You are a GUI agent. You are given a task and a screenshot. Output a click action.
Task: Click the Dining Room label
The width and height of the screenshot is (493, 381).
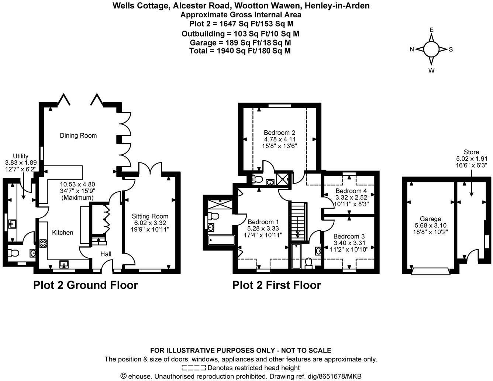pos(78,135)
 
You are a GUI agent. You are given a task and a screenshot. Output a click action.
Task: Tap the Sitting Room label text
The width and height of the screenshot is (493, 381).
pos(150,216)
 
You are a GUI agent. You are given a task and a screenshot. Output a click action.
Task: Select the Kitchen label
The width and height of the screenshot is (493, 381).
pos(63,232)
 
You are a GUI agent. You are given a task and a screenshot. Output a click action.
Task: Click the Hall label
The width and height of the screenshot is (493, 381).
pos(106,254)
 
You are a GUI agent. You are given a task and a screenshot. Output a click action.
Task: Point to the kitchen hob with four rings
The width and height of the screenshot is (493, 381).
pos(43,244)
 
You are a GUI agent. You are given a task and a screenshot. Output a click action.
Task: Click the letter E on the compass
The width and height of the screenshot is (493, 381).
pos(431,30)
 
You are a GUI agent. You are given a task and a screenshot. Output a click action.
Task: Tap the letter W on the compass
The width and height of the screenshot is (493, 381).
pos(431,71)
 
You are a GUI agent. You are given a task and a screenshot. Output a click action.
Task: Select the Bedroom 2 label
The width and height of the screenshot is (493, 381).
pos(279,133)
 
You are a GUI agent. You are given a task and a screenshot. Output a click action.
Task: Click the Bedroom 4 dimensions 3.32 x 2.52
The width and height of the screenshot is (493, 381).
pos(351,198)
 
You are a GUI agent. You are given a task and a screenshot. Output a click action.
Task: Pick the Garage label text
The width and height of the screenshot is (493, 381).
pos(431,219)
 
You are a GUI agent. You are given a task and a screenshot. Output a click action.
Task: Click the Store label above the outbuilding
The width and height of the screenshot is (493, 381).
pos(472,152)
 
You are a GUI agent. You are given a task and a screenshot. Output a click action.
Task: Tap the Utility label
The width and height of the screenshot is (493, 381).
pos(21,156)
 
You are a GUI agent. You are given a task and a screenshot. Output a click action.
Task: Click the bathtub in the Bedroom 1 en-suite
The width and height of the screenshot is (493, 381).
pos(221,240)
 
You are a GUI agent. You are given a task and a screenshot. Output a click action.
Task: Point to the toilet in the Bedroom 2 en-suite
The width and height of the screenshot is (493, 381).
pos(257,179)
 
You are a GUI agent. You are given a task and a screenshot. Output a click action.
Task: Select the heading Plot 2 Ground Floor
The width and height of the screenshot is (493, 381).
pos(86,285)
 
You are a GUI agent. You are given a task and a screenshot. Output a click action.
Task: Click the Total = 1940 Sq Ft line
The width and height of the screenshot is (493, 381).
pos(240,51)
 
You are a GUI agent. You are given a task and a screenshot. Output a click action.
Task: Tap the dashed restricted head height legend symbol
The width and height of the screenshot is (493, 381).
pos(194,367)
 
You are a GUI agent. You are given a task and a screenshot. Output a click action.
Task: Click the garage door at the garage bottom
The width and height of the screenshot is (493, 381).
pos(430,271)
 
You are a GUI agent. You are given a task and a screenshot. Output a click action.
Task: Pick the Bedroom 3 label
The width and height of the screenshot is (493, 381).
pos(349,236)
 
